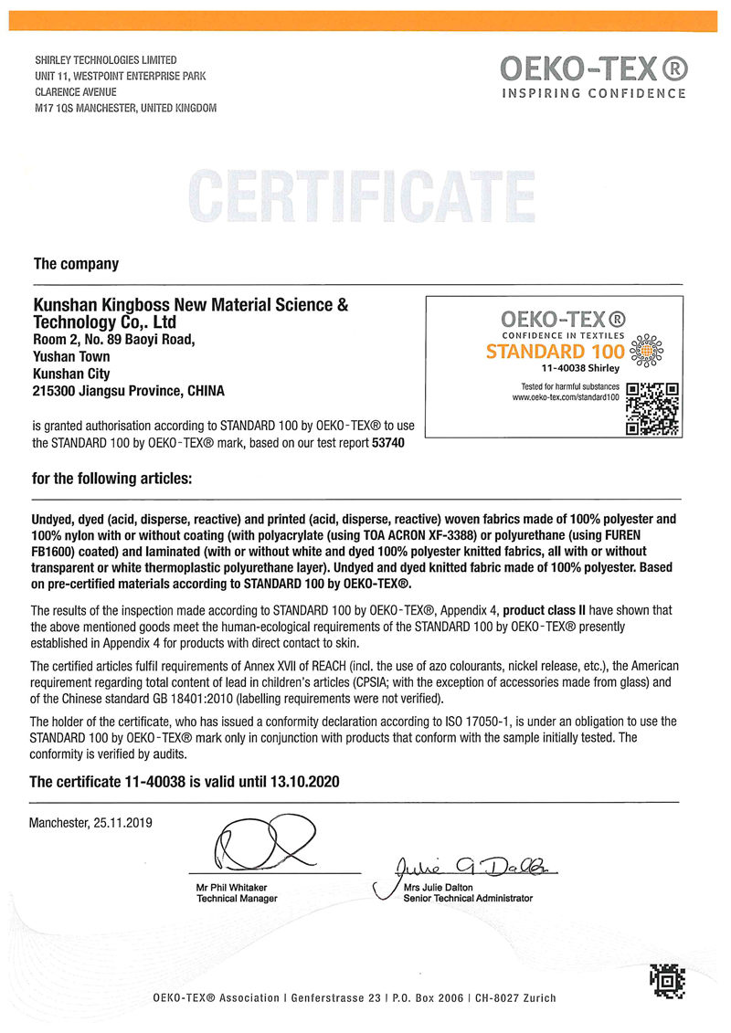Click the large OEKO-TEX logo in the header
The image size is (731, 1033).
point(593,68)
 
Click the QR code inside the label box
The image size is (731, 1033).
point(652,408)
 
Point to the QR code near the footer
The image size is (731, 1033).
point(667,981)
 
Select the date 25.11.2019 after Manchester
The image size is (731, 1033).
point(123,822)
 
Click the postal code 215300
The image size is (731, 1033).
point(55,391)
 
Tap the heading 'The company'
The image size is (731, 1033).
point(76,264)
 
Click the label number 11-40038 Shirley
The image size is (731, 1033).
point(580,368)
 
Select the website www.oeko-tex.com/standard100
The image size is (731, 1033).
point(566,397)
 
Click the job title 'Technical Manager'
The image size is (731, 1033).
point(237,899)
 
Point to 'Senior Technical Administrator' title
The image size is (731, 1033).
point(467,899)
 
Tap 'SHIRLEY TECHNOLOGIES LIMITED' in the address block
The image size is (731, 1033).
point(106,60)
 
